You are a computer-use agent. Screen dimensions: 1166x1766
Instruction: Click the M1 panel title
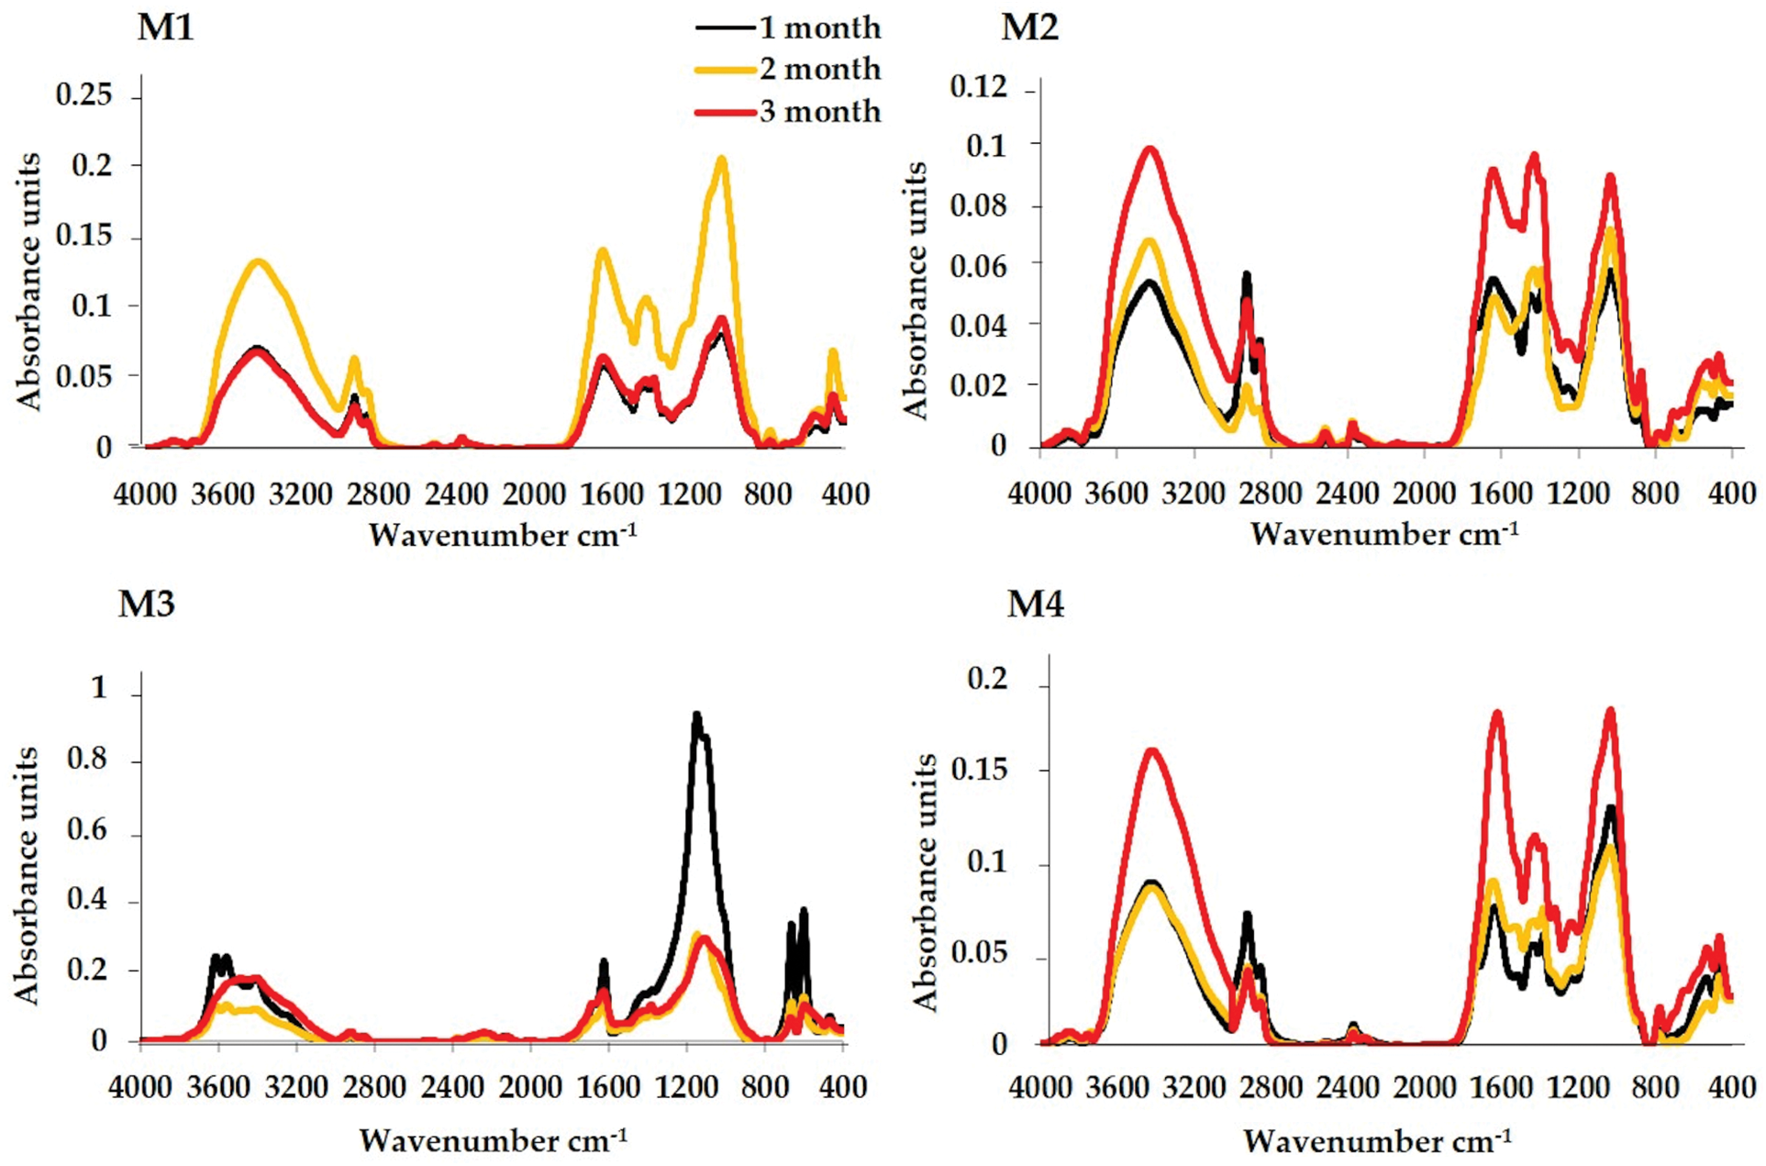tap(165, 28)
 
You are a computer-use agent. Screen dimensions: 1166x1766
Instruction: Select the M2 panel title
tap(1029, 28)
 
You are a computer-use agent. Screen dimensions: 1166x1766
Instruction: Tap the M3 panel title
tap(146, 605)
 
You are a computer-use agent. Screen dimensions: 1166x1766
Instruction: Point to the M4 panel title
tap(1036, 605)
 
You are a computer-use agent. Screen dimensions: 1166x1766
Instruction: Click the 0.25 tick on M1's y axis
tap(84, 94)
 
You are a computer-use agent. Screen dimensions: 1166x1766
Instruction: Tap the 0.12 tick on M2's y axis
tap(978, 87)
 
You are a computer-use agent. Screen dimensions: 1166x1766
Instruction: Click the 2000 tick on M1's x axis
tap(534, 494)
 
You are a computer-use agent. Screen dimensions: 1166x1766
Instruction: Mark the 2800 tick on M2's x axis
tap(1271, 494)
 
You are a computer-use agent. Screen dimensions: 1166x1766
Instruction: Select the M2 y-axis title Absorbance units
tap(916, 290)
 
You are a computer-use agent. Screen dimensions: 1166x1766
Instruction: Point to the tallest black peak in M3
tap(697, 715)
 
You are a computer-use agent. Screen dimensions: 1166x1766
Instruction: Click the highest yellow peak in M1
tap(722, 161)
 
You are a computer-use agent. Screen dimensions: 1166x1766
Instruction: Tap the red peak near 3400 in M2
tap(1150, 150)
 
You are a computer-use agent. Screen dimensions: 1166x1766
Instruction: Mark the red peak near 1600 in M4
tap(1497, 713)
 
